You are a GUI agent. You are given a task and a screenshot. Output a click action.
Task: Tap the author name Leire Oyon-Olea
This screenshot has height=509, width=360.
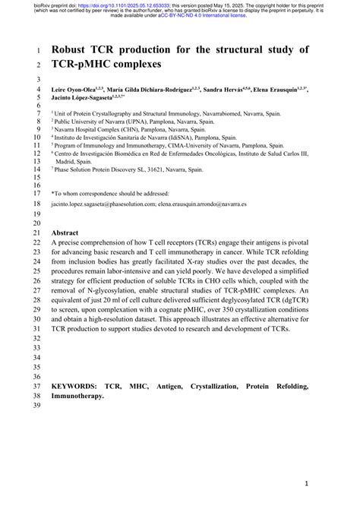[x=76, y=88]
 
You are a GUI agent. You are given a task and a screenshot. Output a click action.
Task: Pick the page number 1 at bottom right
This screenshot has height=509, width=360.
[x=305, y=482]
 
